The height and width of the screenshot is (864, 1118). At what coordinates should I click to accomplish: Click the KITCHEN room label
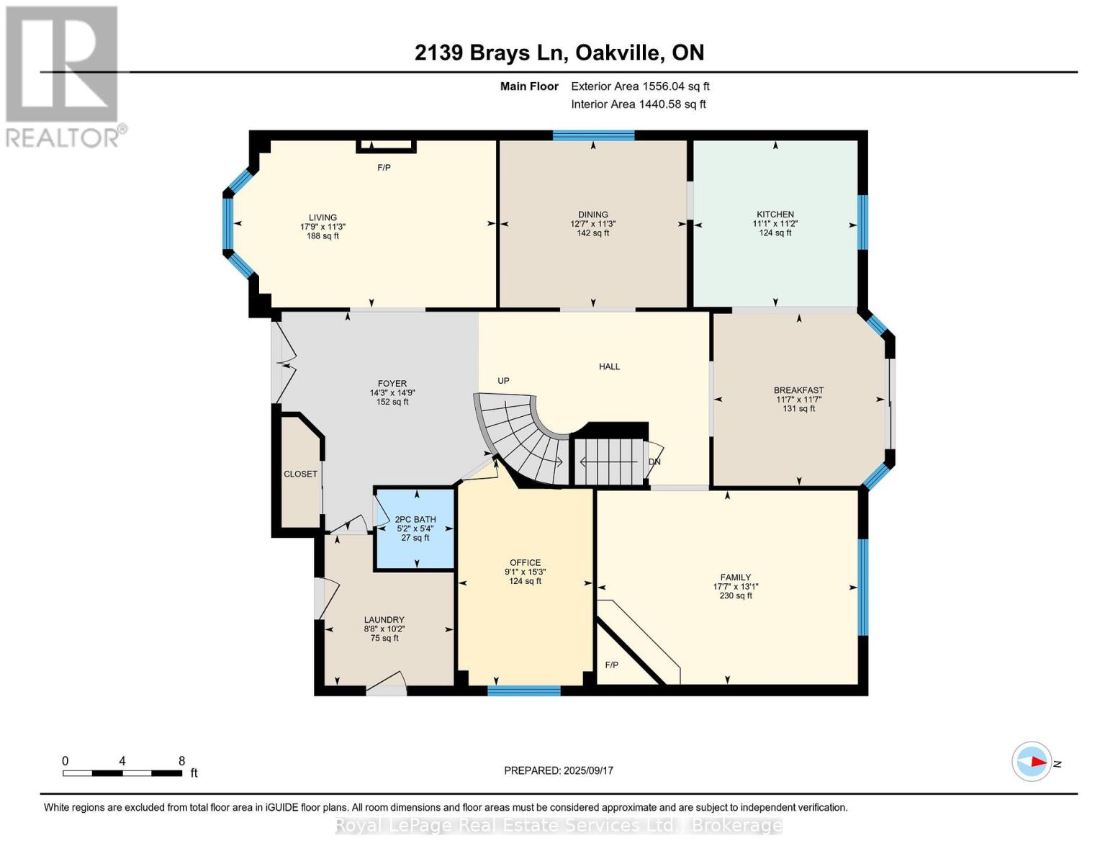[775, 214]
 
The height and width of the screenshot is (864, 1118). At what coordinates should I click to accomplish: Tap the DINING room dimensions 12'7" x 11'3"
[592, 224]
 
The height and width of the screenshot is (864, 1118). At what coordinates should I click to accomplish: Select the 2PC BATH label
[415, 519]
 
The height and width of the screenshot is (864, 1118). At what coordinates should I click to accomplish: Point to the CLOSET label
[300, 474]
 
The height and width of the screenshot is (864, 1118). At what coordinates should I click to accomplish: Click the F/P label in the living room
[384, 168]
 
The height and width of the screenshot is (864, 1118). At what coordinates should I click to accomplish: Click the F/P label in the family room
[611, 665]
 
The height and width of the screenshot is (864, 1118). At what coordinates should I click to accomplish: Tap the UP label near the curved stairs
[503, 380]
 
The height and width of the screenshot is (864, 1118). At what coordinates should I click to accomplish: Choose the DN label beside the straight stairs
[654, 462]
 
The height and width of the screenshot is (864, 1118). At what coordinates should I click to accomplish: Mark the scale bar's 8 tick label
[181, 760]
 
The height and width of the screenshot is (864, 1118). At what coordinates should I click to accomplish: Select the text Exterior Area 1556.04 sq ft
[640, 86]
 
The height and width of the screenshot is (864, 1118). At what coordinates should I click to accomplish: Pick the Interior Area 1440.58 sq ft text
[638, 104]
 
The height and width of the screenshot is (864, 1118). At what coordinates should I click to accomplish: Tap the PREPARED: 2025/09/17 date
[558, 770]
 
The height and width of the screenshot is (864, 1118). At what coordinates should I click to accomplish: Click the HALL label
[609, 366]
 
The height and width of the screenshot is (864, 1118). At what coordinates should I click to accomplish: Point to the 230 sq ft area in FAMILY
[735, 595]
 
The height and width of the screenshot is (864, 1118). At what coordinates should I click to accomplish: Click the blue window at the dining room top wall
[593, 135]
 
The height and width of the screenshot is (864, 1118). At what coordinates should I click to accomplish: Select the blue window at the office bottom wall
[523, 690]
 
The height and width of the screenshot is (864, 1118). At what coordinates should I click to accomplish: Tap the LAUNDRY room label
[384, 619]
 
